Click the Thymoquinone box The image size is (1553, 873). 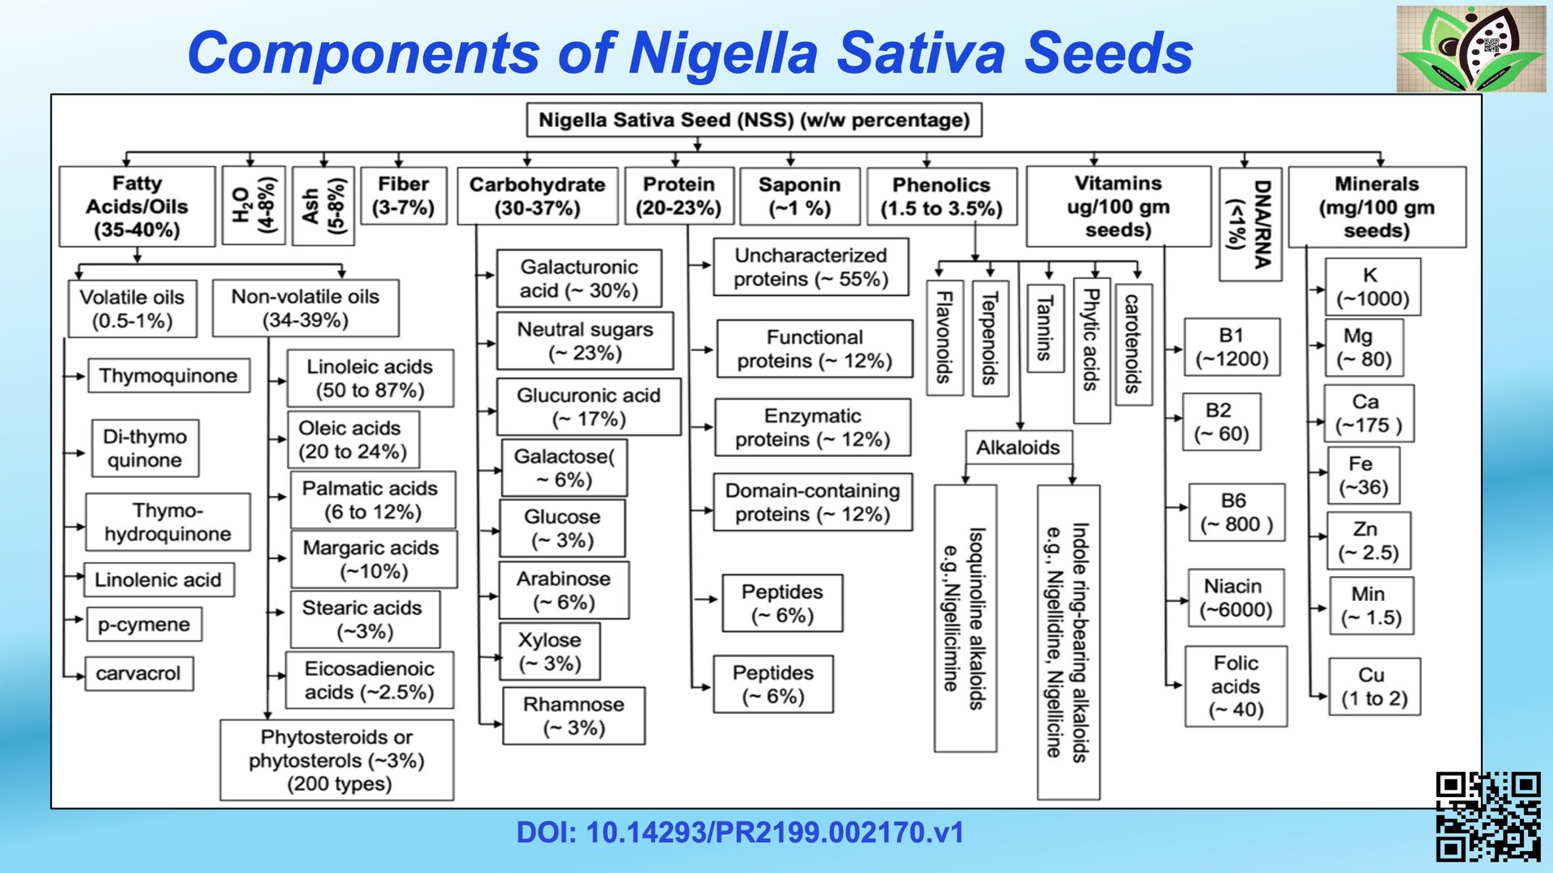(168, 376)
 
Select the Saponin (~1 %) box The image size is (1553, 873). (799, 196)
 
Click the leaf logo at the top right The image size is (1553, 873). (1470, 49)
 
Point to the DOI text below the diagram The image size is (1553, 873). (739, 833)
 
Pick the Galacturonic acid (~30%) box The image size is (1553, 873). (579, 278)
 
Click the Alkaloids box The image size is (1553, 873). (1018, 447)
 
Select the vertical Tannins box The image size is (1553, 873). (1045, 328)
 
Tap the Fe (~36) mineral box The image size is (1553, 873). (1363, 475)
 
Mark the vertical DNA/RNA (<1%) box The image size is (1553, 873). (1250, 224)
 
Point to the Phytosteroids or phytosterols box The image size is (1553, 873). (336, 761)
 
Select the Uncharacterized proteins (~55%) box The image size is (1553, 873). (810, 267)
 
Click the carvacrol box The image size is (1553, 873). (139, 674)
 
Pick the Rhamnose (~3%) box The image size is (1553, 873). (573, 716)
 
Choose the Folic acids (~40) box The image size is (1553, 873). (1235, 686)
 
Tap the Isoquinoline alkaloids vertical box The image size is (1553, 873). (965, 619)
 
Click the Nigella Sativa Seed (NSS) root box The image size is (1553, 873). (754, 121)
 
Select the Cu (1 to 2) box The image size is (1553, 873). (1373, 687)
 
